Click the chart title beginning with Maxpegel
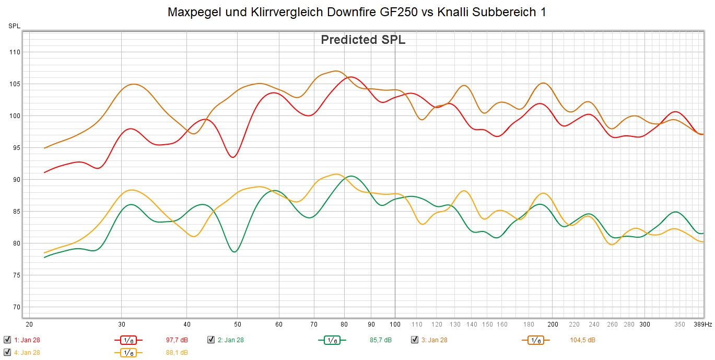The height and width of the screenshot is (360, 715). [357, 13]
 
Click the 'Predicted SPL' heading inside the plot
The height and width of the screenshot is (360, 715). [363, 40]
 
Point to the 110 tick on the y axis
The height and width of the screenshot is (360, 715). [15, 52]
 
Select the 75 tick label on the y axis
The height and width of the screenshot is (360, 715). [15, 275]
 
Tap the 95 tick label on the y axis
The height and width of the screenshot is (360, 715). [15, 148]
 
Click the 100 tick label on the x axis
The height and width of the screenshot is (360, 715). [395, 324]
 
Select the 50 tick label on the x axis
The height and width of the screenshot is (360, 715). [238, 324]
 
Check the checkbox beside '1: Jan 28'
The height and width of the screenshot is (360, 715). [7, 340]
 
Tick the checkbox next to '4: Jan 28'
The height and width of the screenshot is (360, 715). [7, 353]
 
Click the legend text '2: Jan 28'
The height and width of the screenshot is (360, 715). [230, 340]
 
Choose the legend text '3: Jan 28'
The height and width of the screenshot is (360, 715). [434, 340]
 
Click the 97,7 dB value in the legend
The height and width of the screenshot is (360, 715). [177, 340]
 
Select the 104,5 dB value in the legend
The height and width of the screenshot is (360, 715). [582, 340]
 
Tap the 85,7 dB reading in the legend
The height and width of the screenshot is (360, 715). [380, 340]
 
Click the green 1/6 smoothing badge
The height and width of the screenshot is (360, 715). [331, 340]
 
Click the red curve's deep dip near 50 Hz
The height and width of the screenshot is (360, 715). [233, 157]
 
